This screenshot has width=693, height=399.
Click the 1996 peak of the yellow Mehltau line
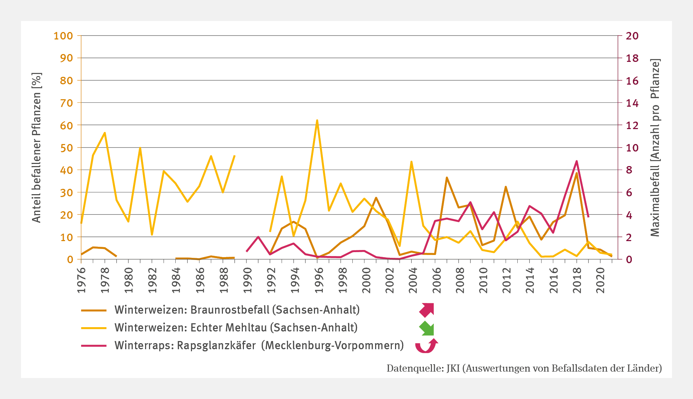coord(317,121)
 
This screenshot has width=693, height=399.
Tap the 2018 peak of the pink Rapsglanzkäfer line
coord(576,161)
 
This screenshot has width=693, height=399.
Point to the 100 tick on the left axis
coord(63,36)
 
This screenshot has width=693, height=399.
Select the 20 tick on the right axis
coord(632,36)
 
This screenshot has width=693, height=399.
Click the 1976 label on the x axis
coord(81,280)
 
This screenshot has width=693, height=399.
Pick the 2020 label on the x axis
coord(600,280)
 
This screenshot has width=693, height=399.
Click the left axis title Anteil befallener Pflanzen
coord(37,148)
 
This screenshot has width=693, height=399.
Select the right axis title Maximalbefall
coord(655,148)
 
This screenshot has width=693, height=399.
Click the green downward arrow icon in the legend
coord(427,328)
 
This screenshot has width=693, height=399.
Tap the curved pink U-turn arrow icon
coord(426,346)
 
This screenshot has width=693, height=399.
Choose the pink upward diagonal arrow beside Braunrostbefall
coord(427,310)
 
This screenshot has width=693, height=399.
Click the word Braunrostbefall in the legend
coord(230,310)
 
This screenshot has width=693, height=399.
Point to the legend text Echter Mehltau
coord(229,328)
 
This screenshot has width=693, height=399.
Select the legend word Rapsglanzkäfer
coord(216,345)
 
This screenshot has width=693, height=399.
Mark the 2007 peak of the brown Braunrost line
coord(447,177)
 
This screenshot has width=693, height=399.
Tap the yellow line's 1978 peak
coord(105,133)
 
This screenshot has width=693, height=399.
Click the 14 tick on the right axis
coord(632,103)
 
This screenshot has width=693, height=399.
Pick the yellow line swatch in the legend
coord(94,328)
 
